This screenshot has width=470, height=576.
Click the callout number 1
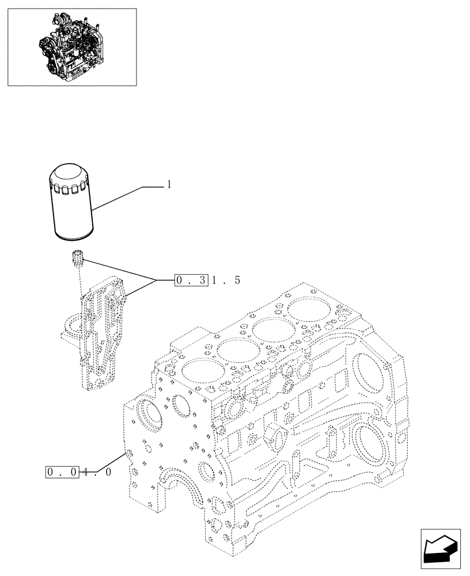[x=169, y=184]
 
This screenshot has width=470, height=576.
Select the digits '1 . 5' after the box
[x=225, y=281]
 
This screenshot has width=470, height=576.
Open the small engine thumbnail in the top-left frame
[x=72, y=47]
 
